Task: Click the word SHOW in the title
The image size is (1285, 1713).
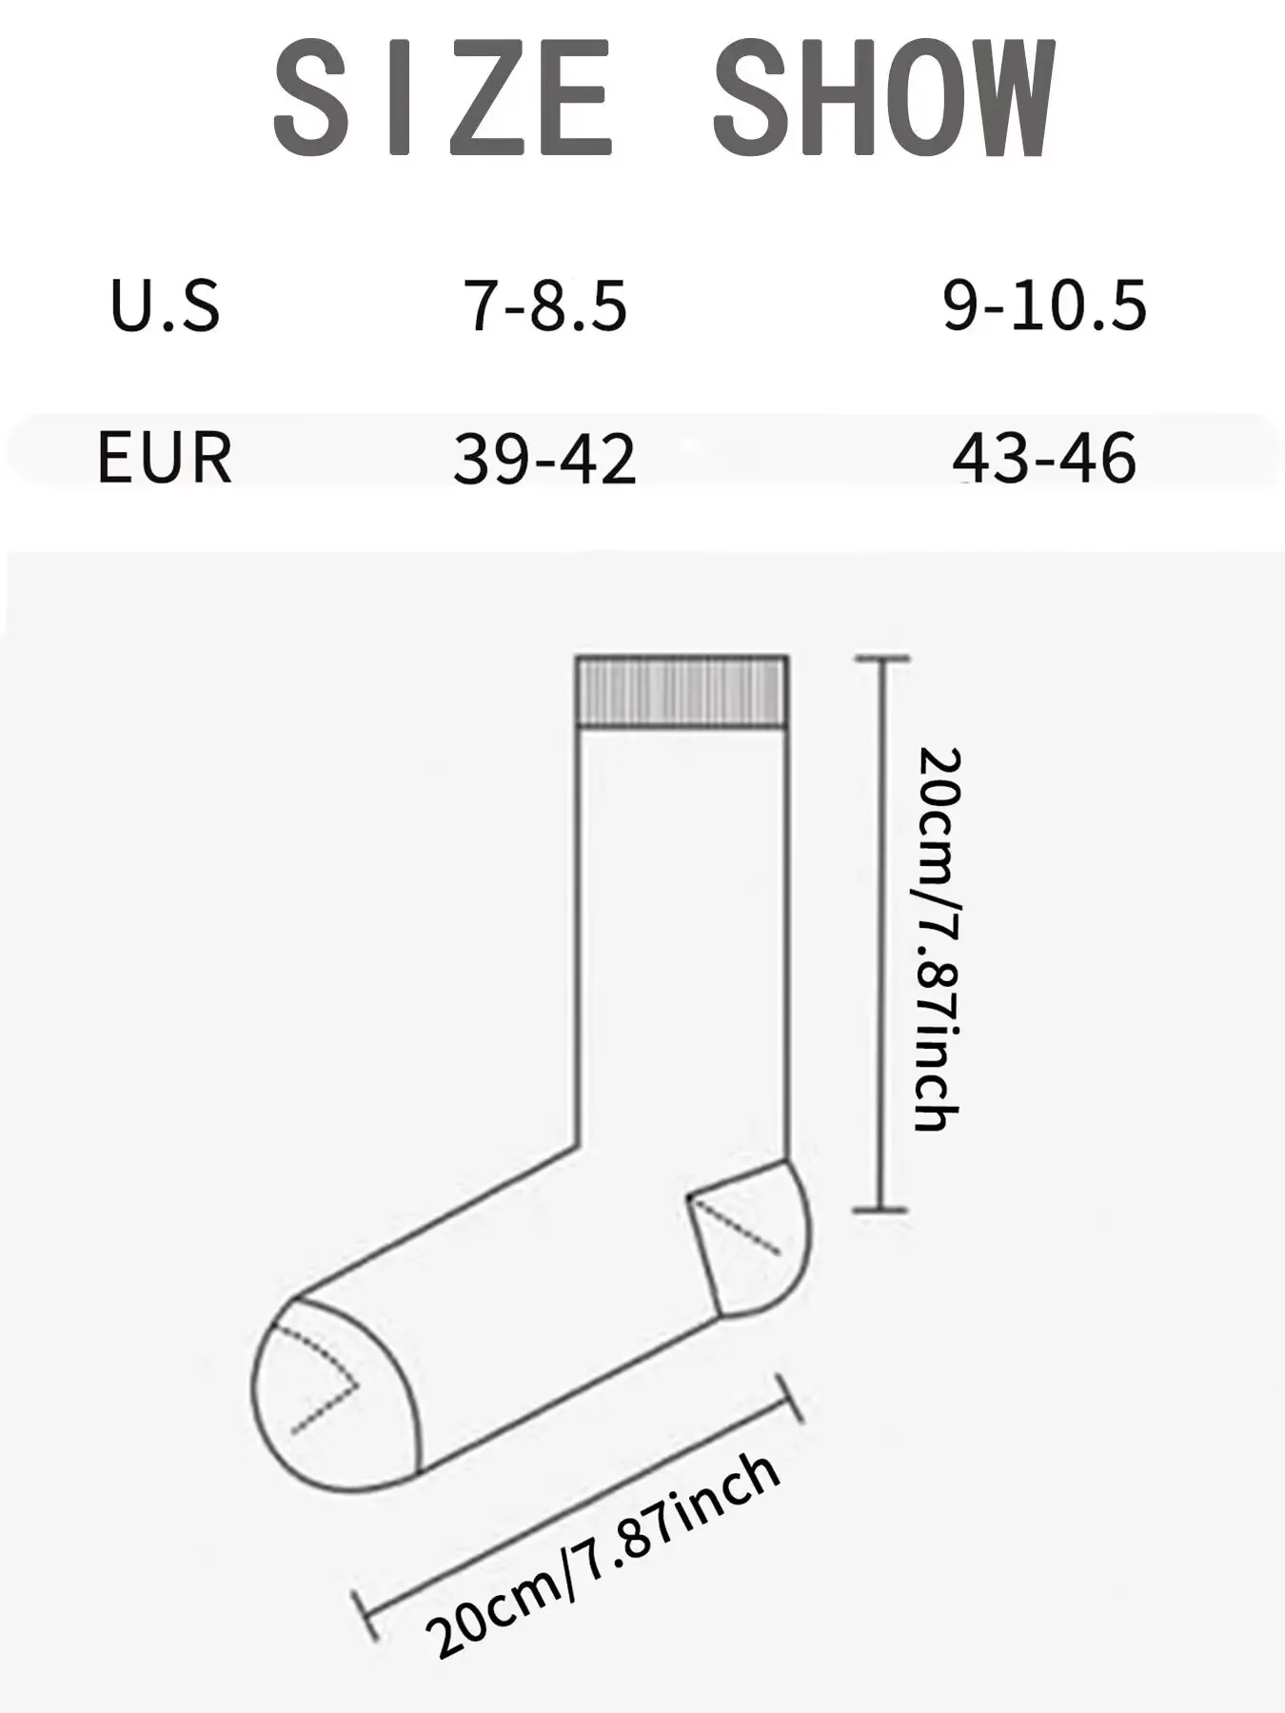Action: (882, 99)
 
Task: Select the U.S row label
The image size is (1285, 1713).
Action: (166, 306)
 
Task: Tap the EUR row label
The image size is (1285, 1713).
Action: (165, 458)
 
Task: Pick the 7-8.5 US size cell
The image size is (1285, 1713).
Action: (545, 306)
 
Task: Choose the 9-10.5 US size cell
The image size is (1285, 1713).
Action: (1044, 306)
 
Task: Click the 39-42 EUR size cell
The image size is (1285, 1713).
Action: (544, 459)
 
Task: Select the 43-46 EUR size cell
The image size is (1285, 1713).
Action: (1044, 459)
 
